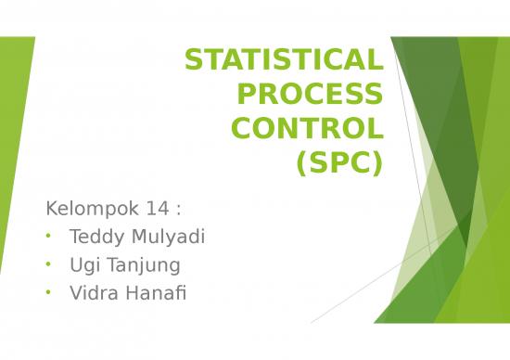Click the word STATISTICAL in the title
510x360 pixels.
pyautogui.click(x=283, y=60)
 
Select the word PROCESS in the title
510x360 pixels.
pyautogui.click(x=311, y=95)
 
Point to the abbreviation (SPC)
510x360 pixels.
pyautogui.click(x=338, y=163)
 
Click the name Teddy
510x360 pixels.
pyautogui.click(x=95, y=237)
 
